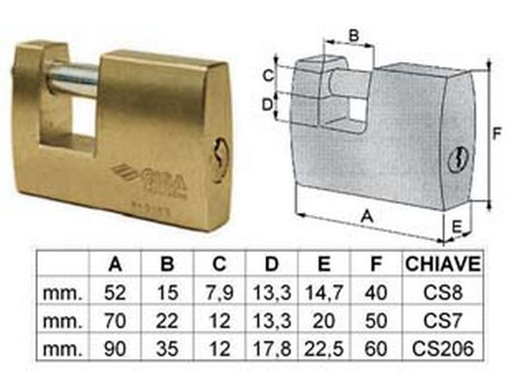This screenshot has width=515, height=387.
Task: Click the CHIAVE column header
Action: pyautogui.click(x=449, y=264)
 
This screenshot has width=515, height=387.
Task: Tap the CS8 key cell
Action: pyautogui.click(x=449, y=291)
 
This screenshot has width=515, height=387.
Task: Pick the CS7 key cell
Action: pyautogui.click(x=449, y=320)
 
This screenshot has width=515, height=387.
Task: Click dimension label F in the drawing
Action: pyautogui.click(x=496, y=133)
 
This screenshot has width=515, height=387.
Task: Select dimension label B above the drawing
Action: pyautogui.click(x=354, y=36)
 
